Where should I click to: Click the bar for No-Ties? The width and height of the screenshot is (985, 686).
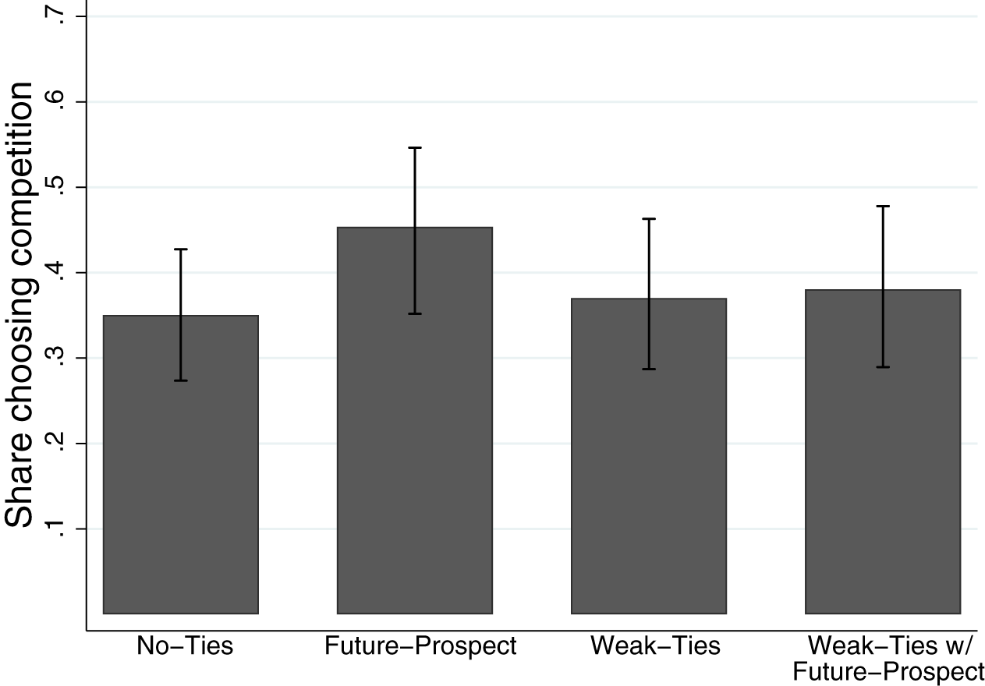(x=180, y=468)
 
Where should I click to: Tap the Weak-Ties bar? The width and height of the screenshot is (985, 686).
(x=648, y=460)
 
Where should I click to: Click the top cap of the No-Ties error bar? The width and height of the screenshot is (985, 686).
(x=180, y=249)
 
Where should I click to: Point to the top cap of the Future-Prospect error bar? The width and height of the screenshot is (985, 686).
(x=414, y=147)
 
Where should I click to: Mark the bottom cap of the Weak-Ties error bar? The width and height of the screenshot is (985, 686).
(x=648, y=369)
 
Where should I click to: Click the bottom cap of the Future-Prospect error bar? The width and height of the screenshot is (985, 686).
(x=414, y=313)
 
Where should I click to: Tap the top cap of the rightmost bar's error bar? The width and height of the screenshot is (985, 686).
(x=882, y=206)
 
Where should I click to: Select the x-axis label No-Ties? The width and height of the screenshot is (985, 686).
(x=185, y=646)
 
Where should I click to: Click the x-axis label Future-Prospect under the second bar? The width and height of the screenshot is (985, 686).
(x=420, y=646)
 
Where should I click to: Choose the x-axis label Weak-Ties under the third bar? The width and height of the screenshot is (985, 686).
(x=655, y=646)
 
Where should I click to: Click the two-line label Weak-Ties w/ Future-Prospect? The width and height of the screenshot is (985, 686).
(x=895, y=659)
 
